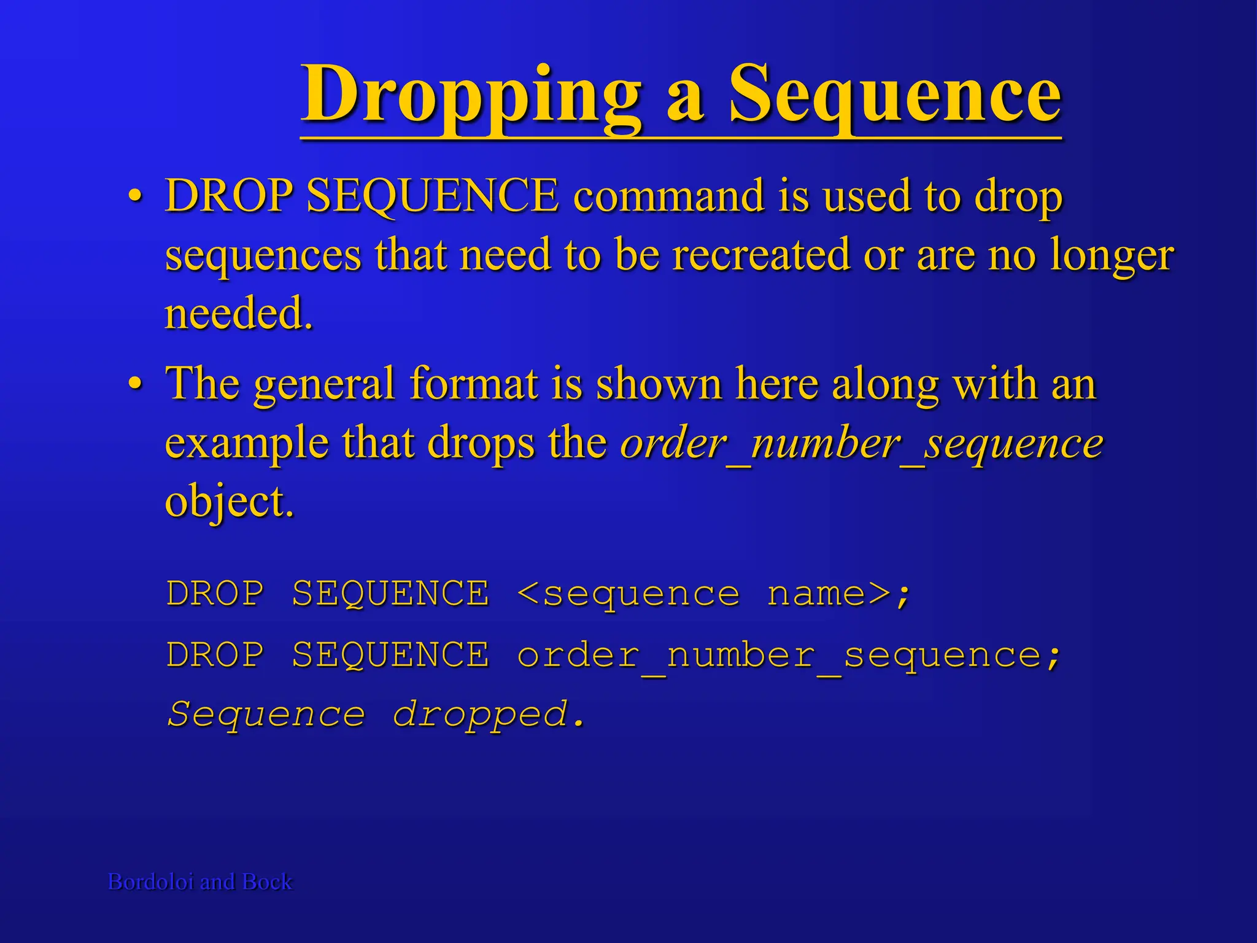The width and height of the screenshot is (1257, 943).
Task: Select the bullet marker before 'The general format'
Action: point(136,384)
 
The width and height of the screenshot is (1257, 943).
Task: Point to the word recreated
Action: point(761,255)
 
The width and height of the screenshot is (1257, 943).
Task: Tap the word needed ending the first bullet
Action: point(239,313)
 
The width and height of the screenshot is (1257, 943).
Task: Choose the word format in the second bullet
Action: point(474,384)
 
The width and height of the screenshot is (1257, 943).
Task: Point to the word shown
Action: point(659,384)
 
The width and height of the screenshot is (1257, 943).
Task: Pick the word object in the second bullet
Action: point(229,502)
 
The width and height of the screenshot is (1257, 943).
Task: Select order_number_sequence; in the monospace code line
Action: point(789,655)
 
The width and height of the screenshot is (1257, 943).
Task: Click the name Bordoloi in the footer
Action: point(151,882)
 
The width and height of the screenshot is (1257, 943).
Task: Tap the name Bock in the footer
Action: point(267,882)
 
